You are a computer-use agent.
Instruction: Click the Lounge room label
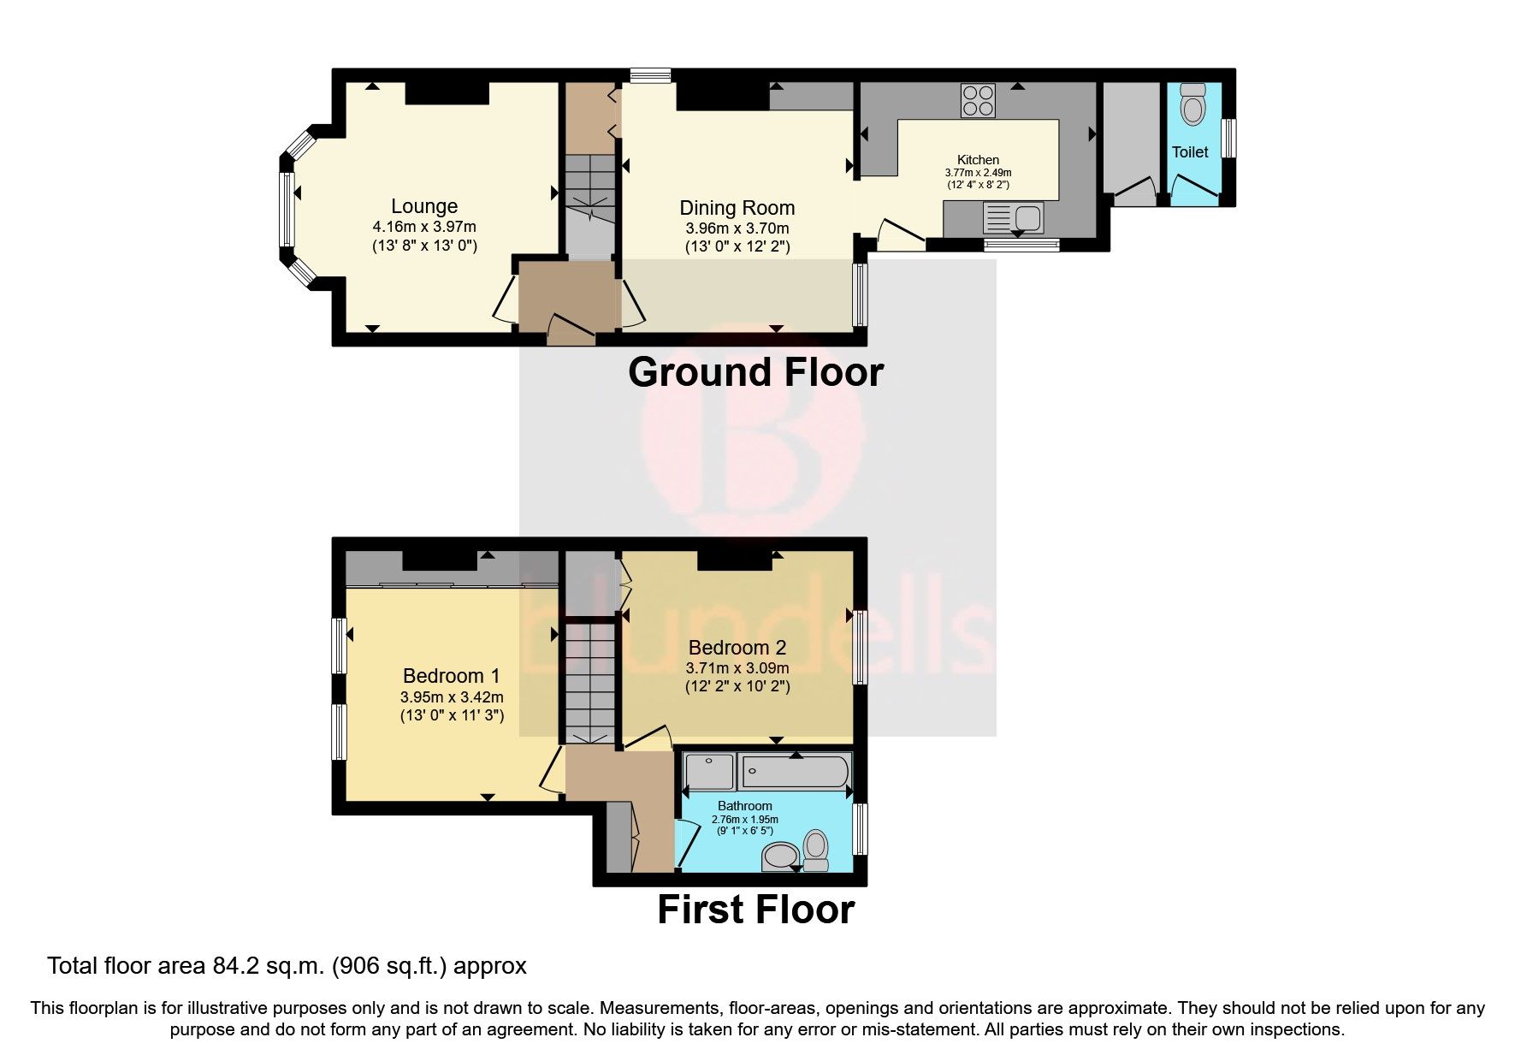[x=423, y=206]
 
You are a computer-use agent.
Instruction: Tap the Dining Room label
[x=737, y=208]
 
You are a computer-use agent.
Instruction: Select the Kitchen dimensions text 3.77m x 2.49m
[x=978, y=172]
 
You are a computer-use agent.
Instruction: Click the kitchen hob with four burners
[x=978, y=100]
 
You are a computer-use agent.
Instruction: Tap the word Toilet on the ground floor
[x=1190, y=152]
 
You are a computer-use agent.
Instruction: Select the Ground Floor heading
[x=755, y=372]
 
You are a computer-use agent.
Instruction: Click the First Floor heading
[x=755, y=910]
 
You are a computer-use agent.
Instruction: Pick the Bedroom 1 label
[x=451, y=676]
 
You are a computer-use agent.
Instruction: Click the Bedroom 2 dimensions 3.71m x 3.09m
[x=737, y=667]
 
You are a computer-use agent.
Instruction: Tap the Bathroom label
[x=744, y=806]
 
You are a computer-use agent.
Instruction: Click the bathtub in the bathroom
[x=796, y=771]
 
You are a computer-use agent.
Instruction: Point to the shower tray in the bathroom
[x=709, y=771]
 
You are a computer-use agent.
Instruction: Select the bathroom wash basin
[x=778, y=856]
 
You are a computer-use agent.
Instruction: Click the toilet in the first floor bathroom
[x=816, y=851]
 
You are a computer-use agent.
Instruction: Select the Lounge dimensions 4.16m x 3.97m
[x=423, y=227]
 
